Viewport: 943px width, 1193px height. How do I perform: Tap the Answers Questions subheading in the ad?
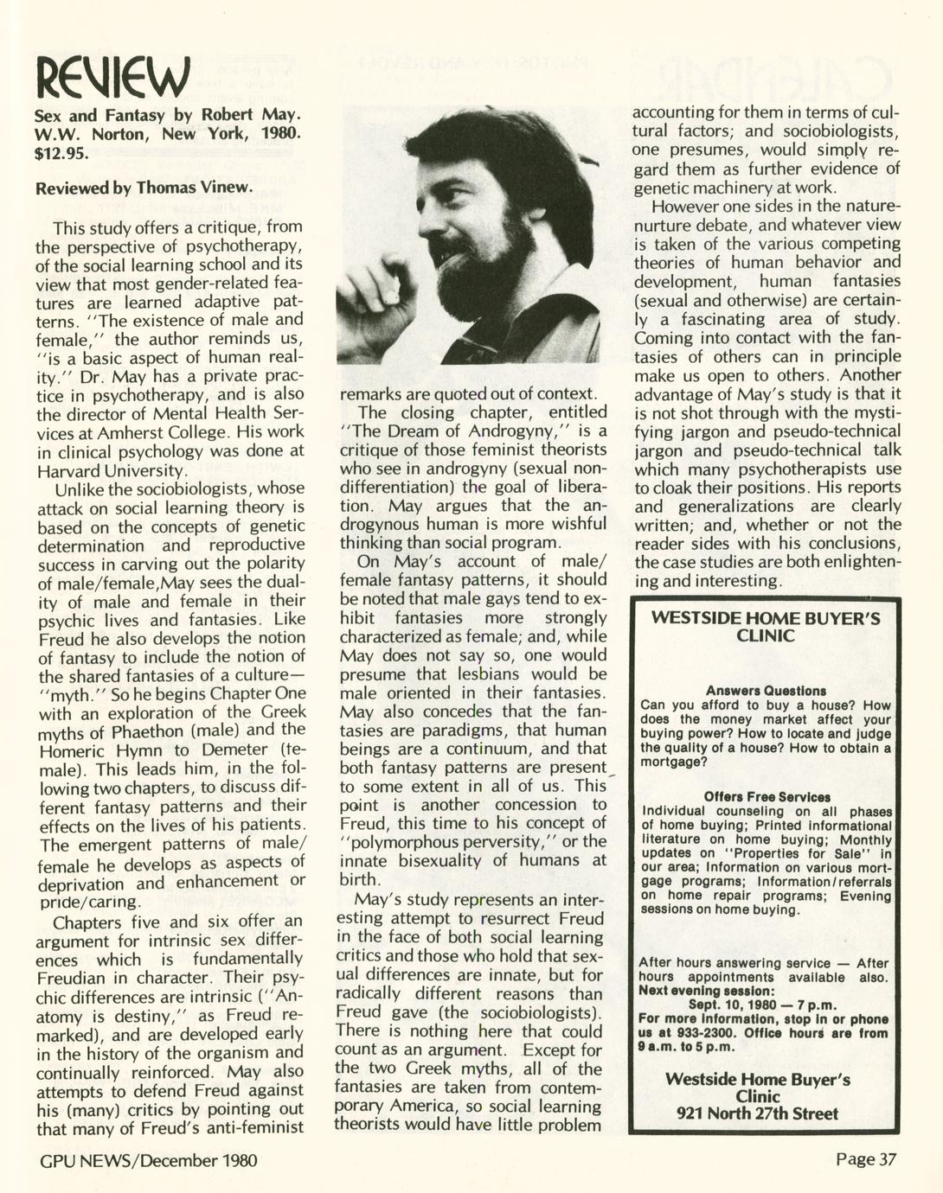pyautogui.click(x=766, y=691)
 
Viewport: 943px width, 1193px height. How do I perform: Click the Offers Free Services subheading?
pyautogui.click(x=767, y=797)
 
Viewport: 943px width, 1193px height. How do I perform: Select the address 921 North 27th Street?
pyautogui.click(x=757, y=1113)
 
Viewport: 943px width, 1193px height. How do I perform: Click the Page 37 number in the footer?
pyautogui.click(x=867, y=1158)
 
